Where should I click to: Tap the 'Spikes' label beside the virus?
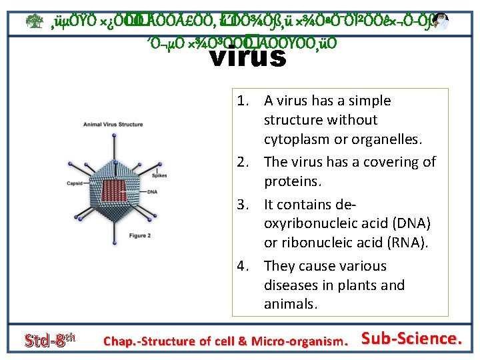(x=159, y=175)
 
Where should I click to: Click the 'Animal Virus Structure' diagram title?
(x=113, y=125)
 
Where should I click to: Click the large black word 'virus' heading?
(x=247, y=56)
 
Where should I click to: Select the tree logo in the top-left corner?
(x=14, y=22)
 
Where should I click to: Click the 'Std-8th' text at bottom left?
(x=46, y=341)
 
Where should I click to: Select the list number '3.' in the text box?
(x=243, y=203)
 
